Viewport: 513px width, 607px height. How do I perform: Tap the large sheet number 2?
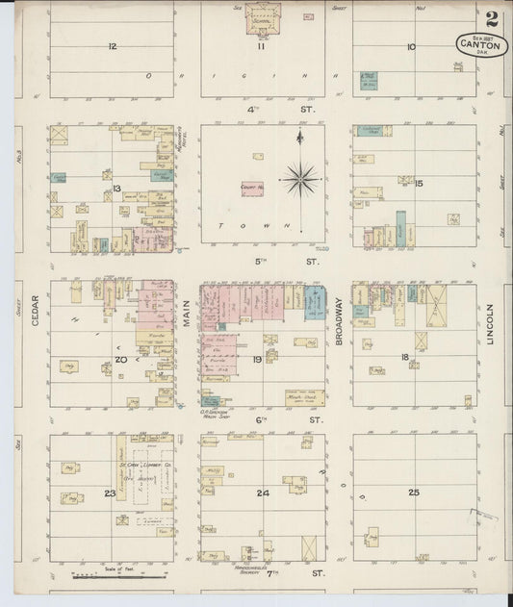pyautogui.click(x=492, y=17)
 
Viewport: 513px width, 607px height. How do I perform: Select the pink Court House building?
pyautogui.click(x=253, y=190)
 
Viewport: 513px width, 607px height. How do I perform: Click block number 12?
pyautogui.click(x=113, y=46)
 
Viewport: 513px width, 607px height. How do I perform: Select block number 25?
pyautogui.click(x=414, y=493)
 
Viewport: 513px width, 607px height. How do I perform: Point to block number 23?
pyautogui.click(x=111, y=493)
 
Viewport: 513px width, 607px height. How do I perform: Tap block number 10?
pyautogui.click(x=411, y=46)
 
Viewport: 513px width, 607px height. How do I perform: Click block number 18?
pyautogui.click(x=405, y=357)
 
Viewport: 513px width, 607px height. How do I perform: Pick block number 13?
pyautogui.click(x=116, y=189)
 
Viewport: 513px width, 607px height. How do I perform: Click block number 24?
pyautogui.click(x=262, y=493)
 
